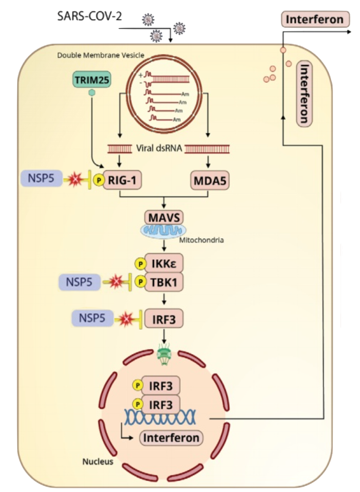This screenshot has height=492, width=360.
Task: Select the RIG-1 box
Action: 122,180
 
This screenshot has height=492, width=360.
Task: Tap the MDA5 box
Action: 210,181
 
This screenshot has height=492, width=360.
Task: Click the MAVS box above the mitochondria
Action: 164,217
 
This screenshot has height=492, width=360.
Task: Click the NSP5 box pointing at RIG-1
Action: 42,178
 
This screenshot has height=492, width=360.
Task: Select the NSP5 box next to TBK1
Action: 79,282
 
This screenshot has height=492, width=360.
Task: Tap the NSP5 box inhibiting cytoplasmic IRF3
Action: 92,318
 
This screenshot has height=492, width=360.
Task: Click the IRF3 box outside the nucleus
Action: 164,319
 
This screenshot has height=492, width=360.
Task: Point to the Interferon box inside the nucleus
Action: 171,438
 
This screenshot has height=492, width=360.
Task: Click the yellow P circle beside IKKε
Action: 140,264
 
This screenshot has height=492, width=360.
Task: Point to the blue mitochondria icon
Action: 163,231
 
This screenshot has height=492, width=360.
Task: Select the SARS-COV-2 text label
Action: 90,16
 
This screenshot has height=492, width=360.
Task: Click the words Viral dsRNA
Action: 159,148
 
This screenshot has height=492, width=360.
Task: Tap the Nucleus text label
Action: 98,461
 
